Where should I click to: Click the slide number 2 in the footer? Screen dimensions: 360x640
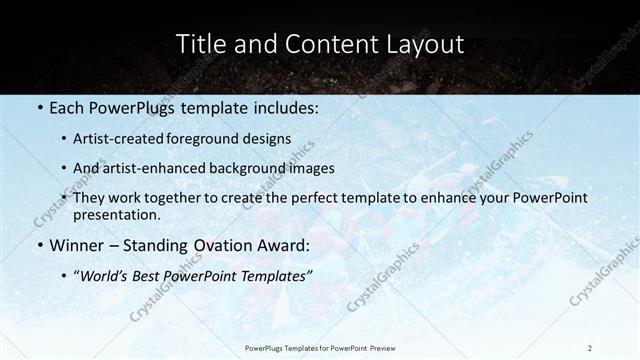(x=590, y=347)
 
